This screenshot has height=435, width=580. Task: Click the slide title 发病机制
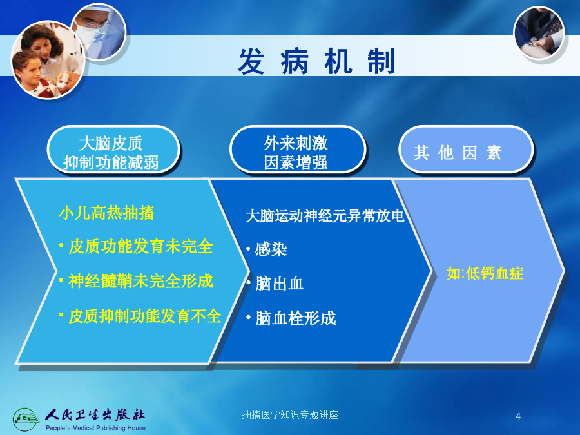pos(316,61)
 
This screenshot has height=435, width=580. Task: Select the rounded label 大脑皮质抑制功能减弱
pos(113,150)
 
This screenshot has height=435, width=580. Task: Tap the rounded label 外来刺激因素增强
pos(297,150)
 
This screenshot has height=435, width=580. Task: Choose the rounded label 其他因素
pos(466,150)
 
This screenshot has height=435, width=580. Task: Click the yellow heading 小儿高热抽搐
pos(106,213)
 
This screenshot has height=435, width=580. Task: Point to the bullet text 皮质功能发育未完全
pos(140,246)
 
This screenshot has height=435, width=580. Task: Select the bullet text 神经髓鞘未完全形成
pos(140,281)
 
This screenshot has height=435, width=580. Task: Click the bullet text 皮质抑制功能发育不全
pos(144,316)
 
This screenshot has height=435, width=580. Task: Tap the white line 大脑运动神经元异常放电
pos(325,216)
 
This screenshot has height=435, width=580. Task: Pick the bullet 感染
pos(271,249)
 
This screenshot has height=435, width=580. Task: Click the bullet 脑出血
pos(279,284)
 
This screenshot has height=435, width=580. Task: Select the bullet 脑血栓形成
pos(296,318)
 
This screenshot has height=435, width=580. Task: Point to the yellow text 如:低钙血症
pos(485,273)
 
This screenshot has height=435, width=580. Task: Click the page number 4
pos(518,416)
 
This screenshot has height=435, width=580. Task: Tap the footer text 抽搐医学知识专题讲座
pos(290,414)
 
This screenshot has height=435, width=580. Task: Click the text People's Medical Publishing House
pos(95,428)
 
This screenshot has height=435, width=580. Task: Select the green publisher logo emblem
pos(26,419)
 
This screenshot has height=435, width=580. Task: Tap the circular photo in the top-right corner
pos(539,34)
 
